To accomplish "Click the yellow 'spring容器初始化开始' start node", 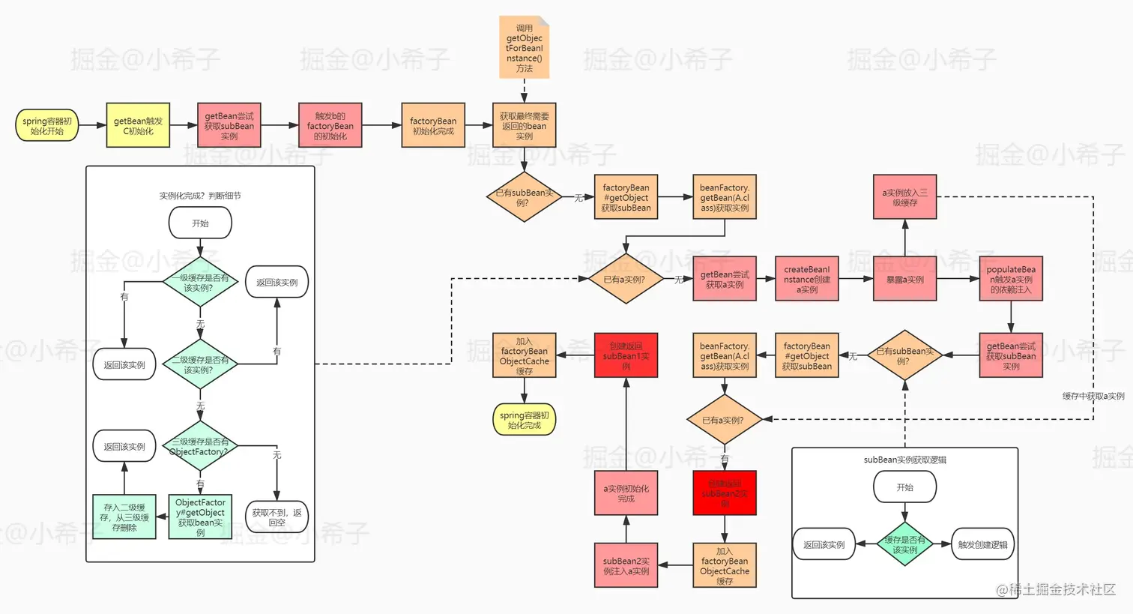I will point(46,126).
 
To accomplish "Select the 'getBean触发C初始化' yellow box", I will point(138,125).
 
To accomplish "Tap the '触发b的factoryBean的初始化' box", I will point(330,125).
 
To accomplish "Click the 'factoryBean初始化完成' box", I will point(433,125).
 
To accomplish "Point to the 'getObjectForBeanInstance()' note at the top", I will point(524,48).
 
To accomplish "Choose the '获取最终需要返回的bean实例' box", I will point(524,125).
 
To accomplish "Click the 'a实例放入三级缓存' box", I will point(904,197).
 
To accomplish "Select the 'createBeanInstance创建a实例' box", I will point(806,279).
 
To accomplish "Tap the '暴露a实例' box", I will point(904,279).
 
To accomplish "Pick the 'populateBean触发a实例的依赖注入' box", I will point(1010,279).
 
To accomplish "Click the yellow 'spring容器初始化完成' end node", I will point(524,420).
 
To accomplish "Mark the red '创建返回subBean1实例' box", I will point(626,355).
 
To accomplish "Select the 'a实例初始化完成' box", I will point(626,493).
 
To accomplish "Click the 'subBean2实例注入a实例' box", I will point(626,565).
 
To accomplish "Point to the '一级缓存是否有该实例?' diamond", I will point(200,283).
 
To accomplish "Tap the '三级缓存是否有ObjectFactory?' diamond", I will point(200,447).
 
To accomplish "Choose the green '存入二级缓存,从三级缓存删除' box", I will point(124,517).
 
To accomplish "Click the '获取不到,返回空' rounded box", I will point(277,517).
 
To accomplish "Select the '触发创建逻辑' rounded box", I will point(982,544).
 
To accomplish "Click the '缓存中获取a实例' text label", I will point(1093,396).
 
